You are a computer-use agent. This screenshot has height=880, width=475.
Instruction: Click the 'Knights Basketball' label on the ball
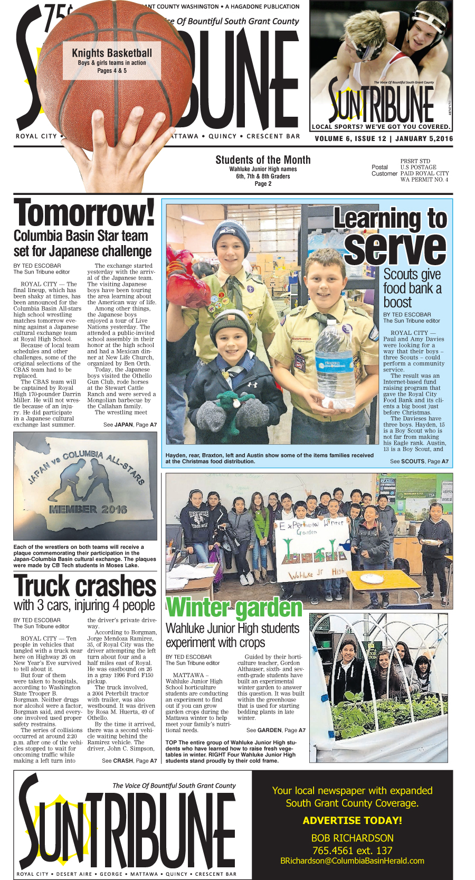(112, 53)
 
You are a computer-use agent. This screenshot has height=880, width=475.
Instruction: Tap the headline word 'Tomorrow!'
(84, 213)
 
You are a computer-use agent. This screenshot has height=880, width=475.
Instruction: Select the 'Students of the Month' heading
(263, 160)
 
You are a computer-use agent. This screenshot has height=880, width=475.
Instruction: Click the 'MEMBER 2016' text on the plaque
(88, 509)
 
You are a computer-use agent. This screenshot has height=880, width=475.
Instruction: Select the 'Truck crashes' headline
(85, 586)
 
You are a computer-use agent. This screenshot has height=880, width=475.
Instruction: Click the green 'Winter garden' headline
(234, 608)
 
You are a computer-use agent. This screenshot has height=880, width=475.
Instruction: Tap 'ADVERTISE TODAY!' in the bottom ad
(352, 820)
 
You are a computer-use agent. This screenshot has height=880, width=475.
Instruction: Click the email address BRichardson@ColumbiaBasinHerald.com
(352, 860)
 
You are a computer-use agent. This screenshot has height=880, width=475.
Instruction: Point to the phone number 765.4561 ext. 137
(352, 850)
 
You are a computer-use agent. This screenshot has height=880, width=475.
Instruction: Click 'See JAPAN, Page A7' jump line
(130, 425)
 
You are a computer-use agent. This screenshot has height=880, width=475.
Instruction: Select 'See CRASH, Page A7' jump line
(129, 761)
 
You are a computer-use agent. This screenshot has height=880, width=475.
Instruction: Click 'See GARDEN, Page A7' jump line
(275, 730)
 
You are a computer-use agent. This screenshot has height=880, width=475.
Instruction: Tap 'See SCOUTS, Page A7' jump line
(419, 461)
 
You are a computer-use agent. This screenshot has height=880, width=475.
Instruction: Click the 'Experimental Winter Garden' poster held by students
(312, 549)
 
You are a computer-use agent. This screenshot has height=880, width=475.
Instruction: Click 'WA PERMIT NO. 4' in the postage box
(424, 180)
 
